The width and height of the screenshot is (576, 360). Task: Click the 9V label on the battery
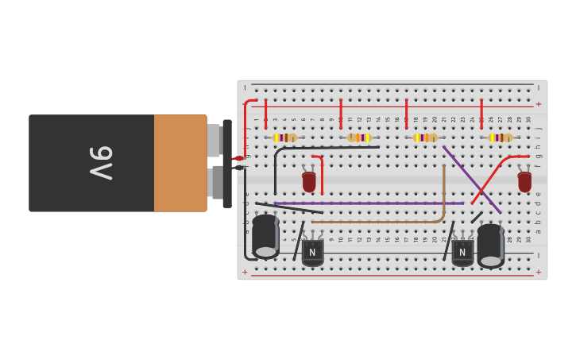pos(102,162)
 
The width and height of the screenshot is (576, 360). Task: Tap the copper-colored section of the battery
pos(180,163)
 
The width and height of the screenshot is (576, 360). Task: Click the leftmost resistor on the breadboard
pos(285,137)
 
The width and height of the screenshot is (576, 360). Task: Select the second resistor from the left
pos(359,137)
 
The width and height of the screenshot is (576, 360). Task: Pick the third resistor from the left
pos(425,137)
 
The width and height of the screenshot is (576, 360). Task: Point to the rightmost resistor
pos(501,137)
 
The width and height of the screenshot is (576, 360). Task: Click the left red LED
pos(309,182)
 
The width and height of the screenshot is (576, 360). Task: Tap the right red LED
pos(524,182)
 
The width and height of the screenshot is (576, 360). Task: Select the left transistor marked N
pos(312,251)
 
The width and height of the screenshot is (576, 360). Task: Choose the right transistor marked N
pos(462,252)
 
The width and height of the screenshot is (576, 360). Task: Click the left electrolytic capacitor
pos(265,236)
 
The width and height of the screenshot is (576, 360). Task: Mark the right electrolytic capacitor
pos(491,246)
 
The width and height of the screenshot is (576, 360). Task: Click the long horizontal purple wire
pos(373,203)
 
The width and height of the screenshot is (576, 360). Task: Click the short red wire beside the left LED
pos(321,171)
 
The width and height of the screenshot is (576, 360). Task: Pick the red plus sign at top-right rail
pos(538,104)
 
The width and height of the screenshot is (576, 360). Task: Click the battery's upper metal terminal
pos(214,140)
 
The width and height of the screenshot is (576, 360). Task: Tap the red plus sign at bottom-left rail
pos(245,272)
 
